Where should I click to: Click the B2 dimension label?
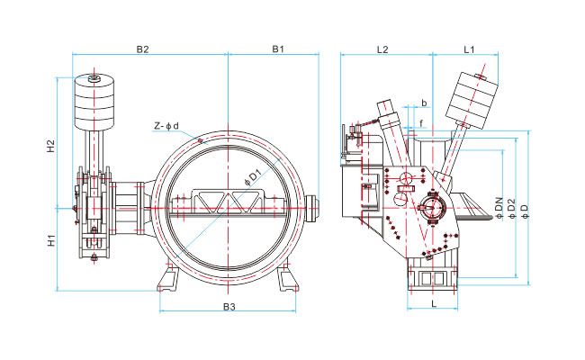[x=142, y=49]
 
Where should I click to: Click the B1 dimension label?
[x=278, y=49]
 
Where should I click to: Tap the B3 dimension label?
[x=229, y=307]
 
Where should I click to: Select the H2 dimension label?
[x=50, y=146]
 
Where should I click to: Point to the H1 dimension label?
[x=50, y=240]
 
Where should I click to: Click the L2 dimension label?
[x=382, y=49]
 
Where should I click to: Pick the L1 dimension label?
[x=469, y=49]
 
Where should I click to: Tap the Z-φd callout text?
[x=166, y=126]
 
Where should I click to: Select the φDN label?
[x=499, y=208]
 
